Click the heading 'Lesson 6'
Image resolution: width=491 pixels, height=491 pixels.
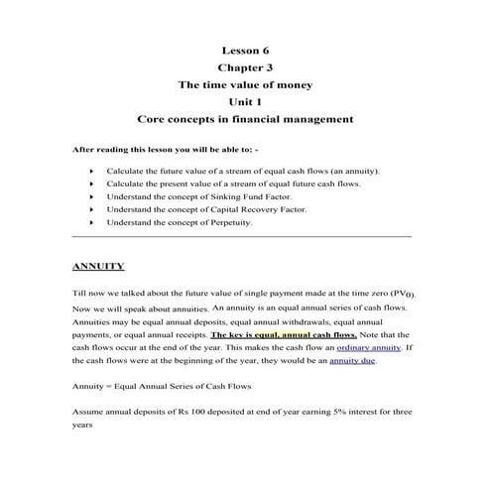coord(244,49)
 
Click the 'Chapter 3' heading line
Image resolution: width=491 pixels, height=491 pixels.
coord(244,66)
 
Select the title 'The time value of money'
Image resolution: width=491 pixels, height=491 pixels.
coord(244,84)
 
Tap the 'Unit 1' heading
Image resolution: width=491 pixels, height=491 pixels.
coord(244,102)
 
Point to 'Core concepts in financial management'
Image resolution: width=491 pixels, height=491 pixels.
coord(244,120)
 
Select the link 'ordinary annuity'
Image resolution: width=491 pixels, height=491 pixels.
coord(368,348)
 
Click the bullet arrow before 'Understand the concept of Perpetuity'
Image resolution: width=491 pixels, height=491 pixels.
coord(90,223)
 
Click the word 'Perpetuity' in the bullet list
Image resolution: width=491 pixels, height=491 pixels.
coord(231,223)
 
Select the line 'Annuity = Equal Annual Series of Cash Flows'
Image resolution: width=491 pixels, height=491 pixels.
coord(155,385)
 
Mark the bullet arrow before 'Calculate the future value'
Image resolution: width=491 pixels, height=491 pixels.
coord(90,172)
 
